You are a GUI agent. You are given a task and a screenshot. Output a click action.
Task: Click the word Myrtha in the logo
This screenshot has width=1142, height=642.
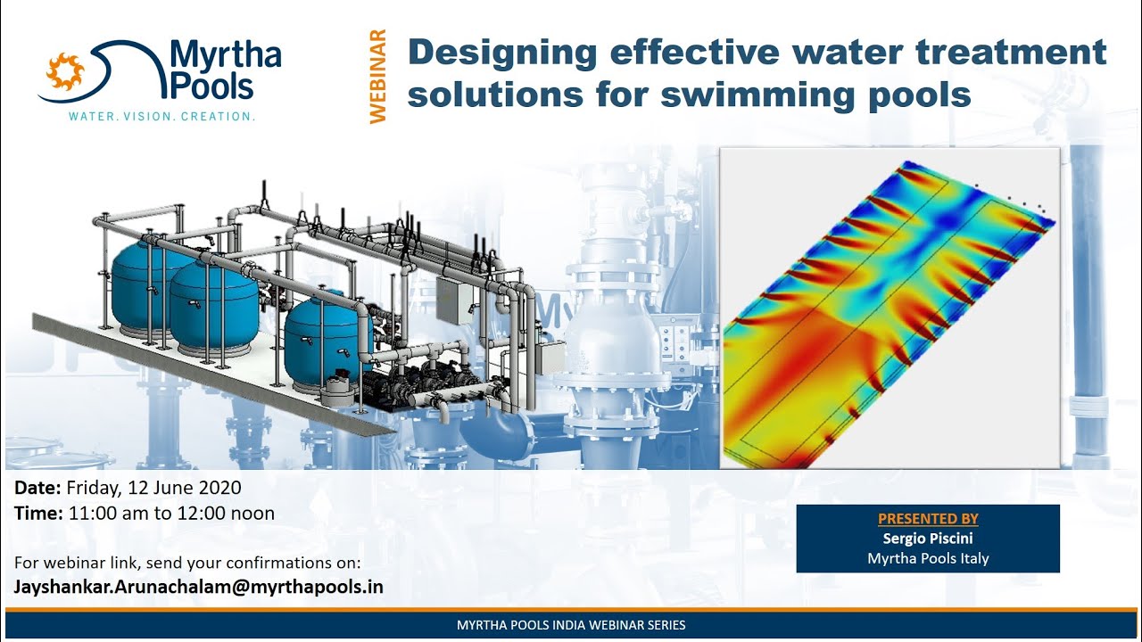pyautogui.click(x=225, y=57)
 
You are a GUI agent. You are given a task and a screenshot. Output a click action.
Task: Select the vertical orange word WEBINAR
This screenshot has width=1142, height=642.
pyautogui.click(x=378, y=77)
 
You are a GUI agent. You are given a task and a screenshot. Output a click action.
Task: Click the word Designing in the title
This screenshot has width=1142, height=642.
pyautogui.click(x=502, y=53)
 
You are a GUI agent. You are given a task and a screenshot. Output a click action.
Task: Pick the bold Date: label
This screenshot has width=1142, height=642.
pyautogui.click(x=37, y=488)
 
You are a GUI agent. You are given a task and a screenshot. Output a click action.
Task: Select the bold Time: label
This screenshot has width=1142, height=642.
pyautogui.click(x=38, y=514)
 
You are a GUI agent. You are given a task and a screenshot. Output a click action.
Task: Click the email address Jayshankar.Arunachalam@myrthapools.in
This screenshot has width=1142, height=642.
pyautogui.click(x=199, y=587)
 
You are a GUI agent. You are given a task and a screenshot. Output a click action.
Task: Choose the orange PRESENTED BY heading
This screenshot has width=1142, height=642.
pyautogui.click(x=928, y=519)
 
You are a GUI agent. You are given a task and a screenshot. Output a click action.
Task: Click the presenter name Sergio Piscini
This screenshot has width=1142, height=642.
pyautogui.click(x=928, y=539)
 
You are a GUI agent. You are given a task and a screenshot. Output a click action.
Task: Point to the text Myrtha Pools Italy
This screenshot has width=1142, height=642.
pyautogui.click(x=928, y=558)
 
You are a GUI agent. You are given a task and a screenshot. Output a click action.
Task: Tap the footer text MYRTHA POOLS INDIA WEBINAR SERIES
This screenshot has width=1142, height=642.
pyautogui.click(x=571, y=625)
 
